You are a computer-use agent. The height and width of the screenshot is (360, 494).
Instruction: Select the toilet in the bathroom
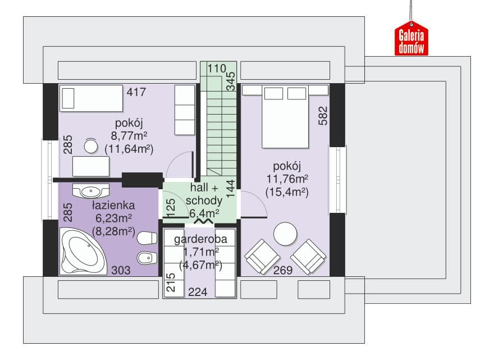[147, 238]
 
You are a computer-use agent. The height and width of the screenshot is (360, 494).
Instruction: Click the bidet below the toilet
[147, 258]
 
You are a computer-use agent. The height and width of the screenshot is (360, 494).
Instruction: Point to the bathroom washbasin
[91, 191]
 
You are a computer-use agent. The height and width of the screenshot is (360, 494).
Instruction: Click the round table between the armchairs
[285, 234]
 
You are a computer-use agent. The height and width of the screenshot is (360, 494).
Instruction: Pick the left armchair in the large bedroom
[262, 256]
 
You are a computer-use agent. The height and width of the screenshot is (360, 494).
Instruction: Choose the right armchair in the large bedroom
[308, 256]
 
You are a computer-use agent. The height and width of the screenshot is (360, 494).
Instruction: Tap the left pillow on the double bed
[273, 94]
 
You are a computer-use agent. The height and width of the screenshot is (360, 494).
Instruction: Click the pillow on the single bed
[68, 98]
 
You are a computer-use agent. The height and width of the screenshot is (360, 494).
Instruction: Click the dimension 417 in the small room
[136, 92]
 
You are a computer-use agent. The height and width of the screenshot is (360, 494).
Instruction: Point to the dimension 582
[323, 116]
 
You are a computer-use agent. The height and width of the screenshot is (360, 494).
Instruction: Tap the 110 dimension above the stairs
[217, 69]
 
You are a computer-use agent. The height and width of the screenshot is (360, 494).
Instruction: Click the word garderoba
[201, 239]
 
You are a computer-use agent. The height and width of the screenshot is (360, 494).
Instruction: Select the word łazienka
[113, 205]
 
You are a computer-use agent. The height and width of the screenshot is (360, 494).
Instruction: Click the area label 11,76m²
[287, 179]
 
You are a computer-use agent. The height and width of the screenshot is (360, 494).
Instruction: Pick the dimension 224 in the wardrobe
[198, 292]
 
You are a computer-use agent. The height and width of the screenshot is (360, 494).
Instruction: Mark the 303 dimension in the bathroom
[121, 270]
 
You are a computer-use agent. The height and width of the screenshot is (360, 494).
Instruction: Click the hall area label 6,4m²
[204, 213]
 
